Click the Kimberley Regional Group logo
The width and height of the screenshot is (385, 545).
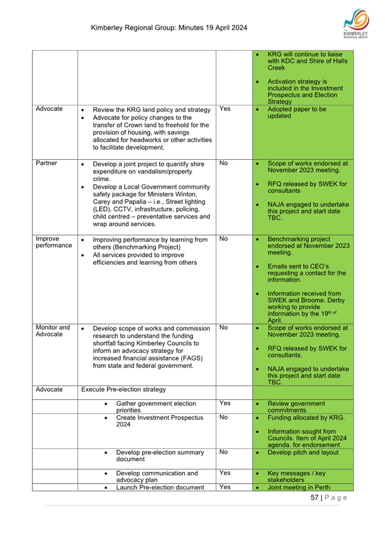pyautogui.click(x=357, y=25)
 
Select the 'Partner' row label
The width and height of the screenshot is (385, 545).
pyautogui.click(x=46, y=163)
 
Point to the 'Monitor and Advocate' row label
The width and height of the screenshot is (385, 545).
pyautogui.click(x=52, y=331)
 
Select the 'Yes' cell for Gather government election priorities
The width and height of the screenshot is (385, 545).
pyautogui.click(x=225, y=403)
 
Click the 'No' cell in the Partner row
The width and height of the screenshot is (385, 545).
pyautogui.click(x=223, y=163)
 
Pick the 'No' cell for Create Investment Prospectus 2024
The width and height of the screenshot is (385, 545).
pyautogui.click(x=223, y=417)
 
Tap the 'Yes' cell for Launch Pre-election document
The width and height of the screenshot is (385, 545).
pyautogui.click(x=225, y=487)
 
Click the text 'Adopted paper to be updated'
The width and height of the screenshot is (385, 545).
pyautogui.click(x=297, y=113)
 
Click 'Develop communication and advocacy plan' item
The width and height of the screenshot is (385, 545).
pyautogui.click(x=157, y=477)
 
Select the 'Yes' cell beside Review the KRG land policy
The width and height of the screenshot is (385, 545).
pyautogui.click(x=225, y=109)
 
